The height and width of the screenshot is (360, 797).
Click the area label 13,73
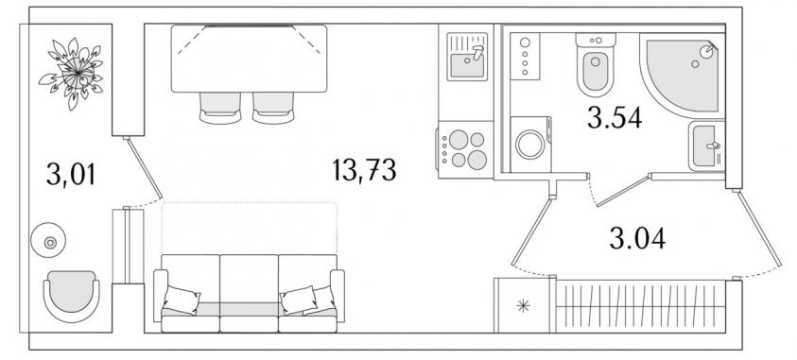364,170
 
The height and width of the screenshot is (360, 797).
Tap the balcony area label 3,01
71,174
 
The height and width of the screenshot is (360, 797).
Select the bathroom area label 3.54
615,118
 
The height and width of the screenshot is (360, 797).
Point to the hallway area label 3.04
637,238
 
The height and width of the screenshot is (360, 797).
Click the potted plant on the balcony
71,73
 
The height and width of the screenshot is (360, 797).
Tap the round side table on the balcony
48,242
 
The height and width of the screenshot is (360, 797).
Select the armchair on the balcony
71,297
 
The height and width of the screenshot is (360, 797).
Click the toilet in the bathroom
596,64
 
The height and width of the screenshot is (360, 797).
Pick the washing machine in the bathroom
530,145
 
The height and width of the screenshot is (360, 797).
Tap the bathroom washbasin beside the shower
706,146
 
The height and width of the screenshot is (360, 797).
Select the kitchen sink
467,57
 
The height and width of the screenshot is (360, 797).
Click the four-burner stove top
465,149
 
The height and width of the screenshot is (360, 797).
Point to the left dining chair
220,108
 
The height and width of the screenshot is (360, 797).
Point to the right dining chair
273,108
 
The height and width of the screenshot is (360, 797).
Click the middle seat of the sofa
249,293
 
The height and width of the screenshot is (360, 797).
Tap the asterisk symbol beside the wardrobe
523,305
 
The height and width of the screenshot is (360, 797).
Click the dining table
249,59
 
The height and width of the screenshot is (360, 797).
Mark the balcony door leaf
145,168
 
